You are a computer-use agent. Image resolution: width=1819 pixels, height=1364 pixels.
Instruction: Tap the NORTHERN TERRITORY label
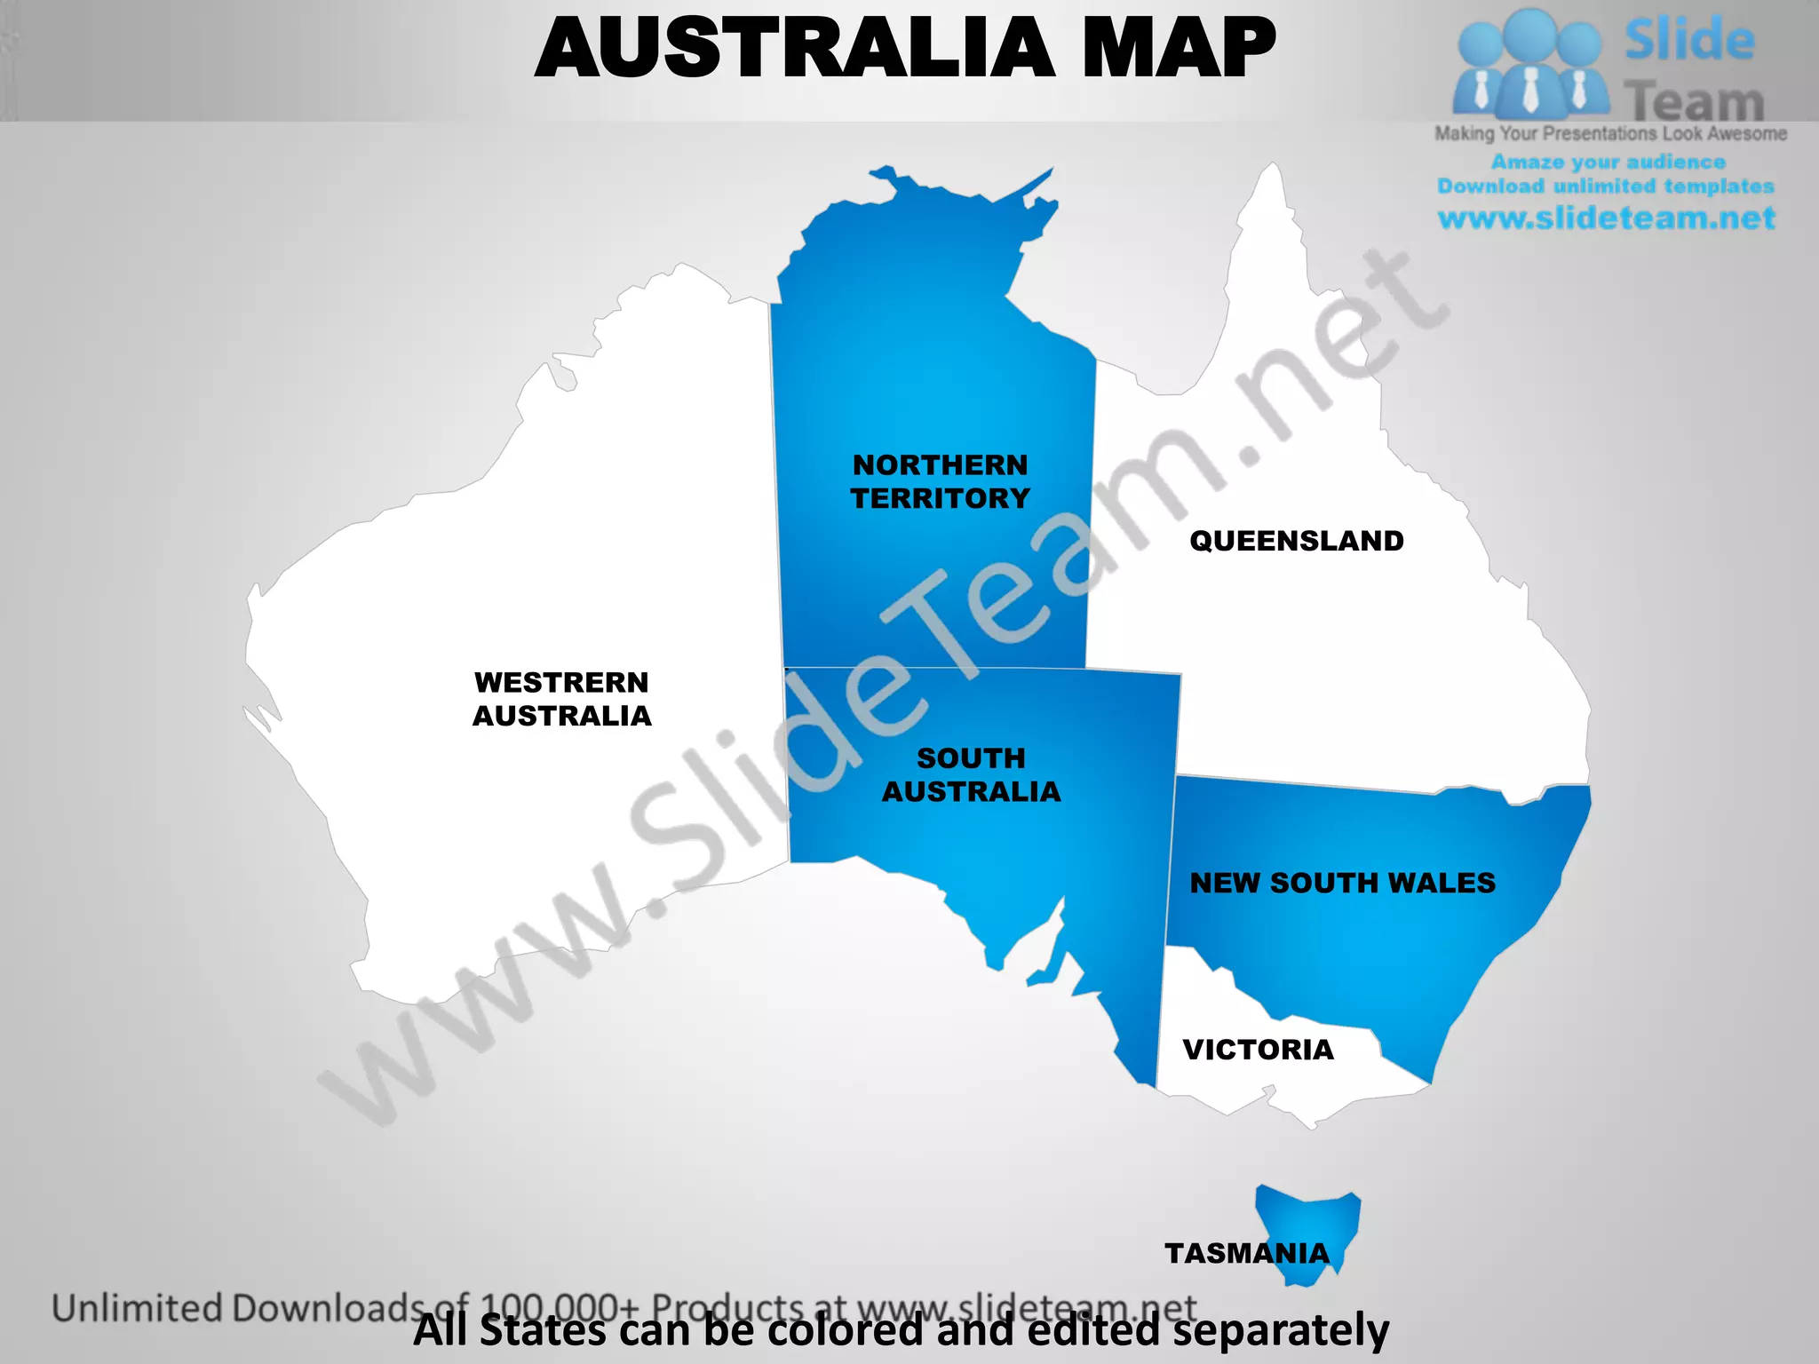(940, 481)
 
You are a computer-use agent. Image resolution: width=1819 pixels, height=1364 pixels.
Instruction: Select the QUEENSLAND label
(1296, 541)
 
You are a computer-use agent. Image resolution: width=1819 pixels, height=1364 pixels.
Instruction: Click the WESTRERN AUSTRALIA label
(561, 699)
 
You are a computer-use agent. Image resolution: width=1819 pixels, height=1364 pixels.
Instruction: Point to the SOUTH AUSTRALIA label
(971, 774)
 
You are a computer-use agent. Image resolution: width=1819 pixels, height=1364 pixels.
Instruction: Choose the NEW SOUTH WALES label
(1342, 883)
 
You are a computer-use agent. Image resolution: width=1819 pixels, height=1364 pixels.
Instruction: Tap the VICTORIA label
(1258, 1050)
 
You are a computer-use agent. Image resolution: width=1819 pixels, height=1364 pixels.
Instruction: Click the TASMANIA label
(1247, 1253)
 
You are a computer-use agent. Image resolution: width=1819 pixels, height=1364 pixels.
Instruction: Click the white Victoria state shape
(1243, 1088)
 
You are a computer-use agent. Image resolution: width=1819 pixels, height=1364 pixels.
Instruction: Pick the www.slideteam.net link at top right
(1606, 218)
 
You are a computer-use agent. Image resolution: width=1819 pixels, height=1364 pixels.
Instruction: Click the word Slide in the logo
(1689, 40)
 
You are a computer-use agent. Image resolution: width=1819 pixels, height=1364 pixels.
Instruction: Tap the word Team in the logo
(1694, 101)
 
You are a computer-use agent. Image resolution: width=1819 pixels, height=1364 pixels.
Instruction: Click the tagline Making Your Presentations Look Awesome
(1610, 134)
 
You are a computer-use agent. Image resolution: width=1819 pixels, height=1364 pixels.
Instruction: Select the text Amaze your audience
(1608, 162)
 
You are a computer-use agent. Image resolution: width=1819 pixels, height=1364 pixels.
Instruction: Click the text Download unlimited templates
(1606, 186)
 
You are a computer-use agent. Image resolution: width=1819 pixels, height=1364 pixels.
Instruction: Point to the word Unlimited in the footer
(138, 1309)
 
